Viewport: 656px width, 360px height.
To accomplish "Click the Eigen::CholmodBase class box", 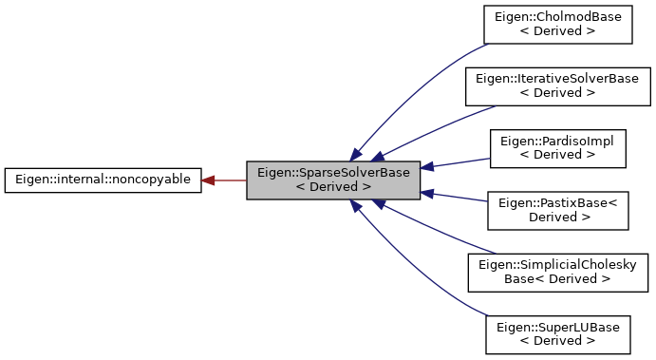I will pos(557,24).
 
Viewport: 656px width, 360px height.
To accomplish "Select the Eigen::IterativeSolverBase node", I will pos(557,85).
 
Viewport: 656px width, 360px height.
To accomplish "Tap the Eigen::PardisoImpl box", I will pos(557,146).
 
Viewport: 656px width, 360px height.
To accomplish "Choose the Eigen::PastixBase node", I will pos(557,208).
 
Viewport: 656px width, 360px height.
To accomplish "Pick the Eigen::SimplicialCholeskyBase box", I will pos(557,270).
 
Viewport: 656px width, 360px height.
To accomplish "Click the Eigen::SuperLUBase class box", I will pos(557,333).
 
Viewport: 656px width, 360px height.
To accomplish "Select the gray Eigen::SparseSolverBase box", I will pos(333,180).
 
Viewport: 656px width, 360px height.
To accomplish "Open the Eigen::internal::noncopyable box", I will pos(103,180).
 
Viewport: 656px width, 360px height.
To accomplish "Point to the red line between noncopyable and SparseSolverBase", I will pos(228,180).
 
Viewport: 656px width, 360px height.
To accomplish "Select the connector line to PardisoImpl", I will pos(456,161).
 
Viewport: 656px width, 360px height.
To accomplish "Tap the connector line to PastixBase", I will pos(456,197).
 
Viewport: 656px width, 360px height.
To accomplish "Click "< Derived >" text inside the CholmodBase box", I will pos(557,31).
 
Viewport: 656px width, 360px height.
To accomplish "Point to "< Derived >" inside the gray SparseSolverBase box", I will pos(333,187).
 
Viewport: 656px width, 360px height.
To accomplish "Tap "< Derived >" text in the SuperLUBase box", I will pos(557,341).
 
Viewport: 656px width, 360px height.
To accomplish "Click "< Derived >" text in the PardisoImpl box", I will pos(557,154).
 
